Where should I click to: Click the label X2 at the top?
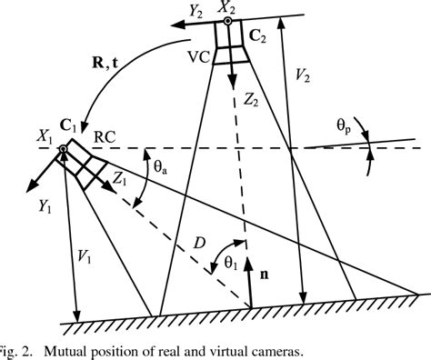pyautogui.click(x=226, y=8)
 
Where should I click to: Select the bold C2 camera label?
pyautogui.click(x=257, y=36)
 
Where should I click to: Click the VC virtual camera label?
pyautogui.click(x=199, y=57)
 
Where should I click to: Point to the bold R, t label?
pyautogui.click(x=105, y=65)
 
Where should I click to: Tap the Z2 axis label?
pyautogui.click(x=251, y=100)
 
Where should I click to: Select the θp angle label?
pyautogui.click(x=345, y=125)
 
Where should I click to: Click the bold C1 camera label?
pyautogui.click(x=68, y=125)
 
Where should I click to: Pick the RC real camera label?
pyautogui.click(x=105, y=137)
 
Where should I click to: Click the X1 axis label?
pyautogui.click(x=45, y=137)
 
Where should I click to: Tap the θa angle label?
pyautogui.click(x=160, y=167)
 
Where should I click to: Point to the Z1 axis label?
pyautogui.click(x=120, y=179)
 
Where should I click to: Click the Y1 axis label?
pyautogui.click(x=45, y=206)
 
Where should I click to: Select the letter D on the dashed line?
pyautogui.click(x=199, y=243)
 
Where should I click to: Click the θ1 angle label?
pyautogui.click(x=231, y=263)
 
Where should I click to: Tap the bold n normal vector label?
pyautogui.click(x=265, y=275)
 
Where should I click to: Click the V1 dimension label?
pyautogui.click(x=84, y=258)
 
